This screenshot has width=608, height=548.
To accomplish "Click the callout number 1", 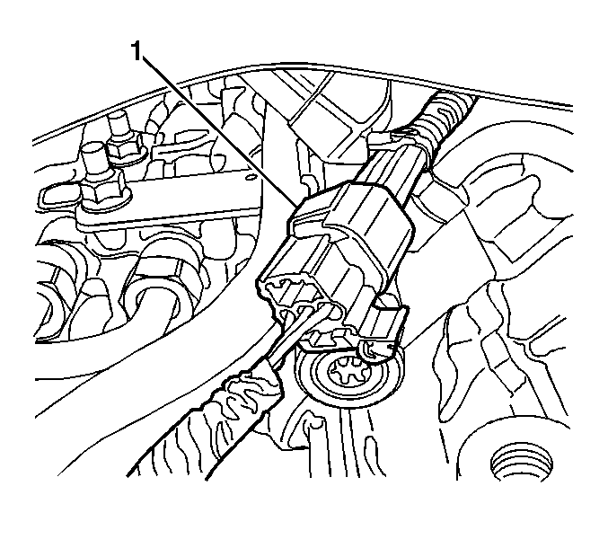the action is point(137,52).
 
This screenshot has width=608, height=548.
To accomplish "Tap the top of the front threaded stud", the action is point(93,147).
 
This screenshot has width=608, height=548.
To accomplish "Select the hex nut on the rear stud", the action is point(127,149).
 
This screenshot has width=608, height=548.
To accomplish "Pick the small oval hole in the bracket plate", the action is point(250,177).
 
